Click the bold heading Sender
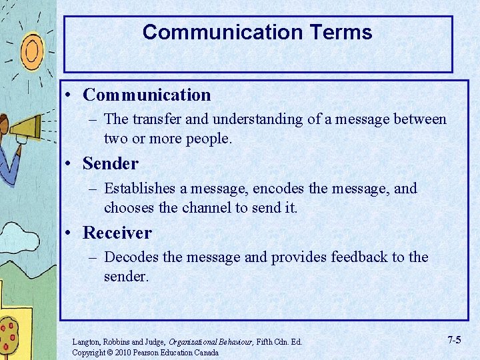(110, 163)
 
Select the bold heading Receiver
(117, 233)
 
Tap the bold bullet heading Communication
(147, 95)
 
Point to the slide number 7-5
(454, 340)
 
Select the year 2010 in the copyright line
(123, 353)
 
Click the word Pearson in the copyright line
(149, 353)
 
